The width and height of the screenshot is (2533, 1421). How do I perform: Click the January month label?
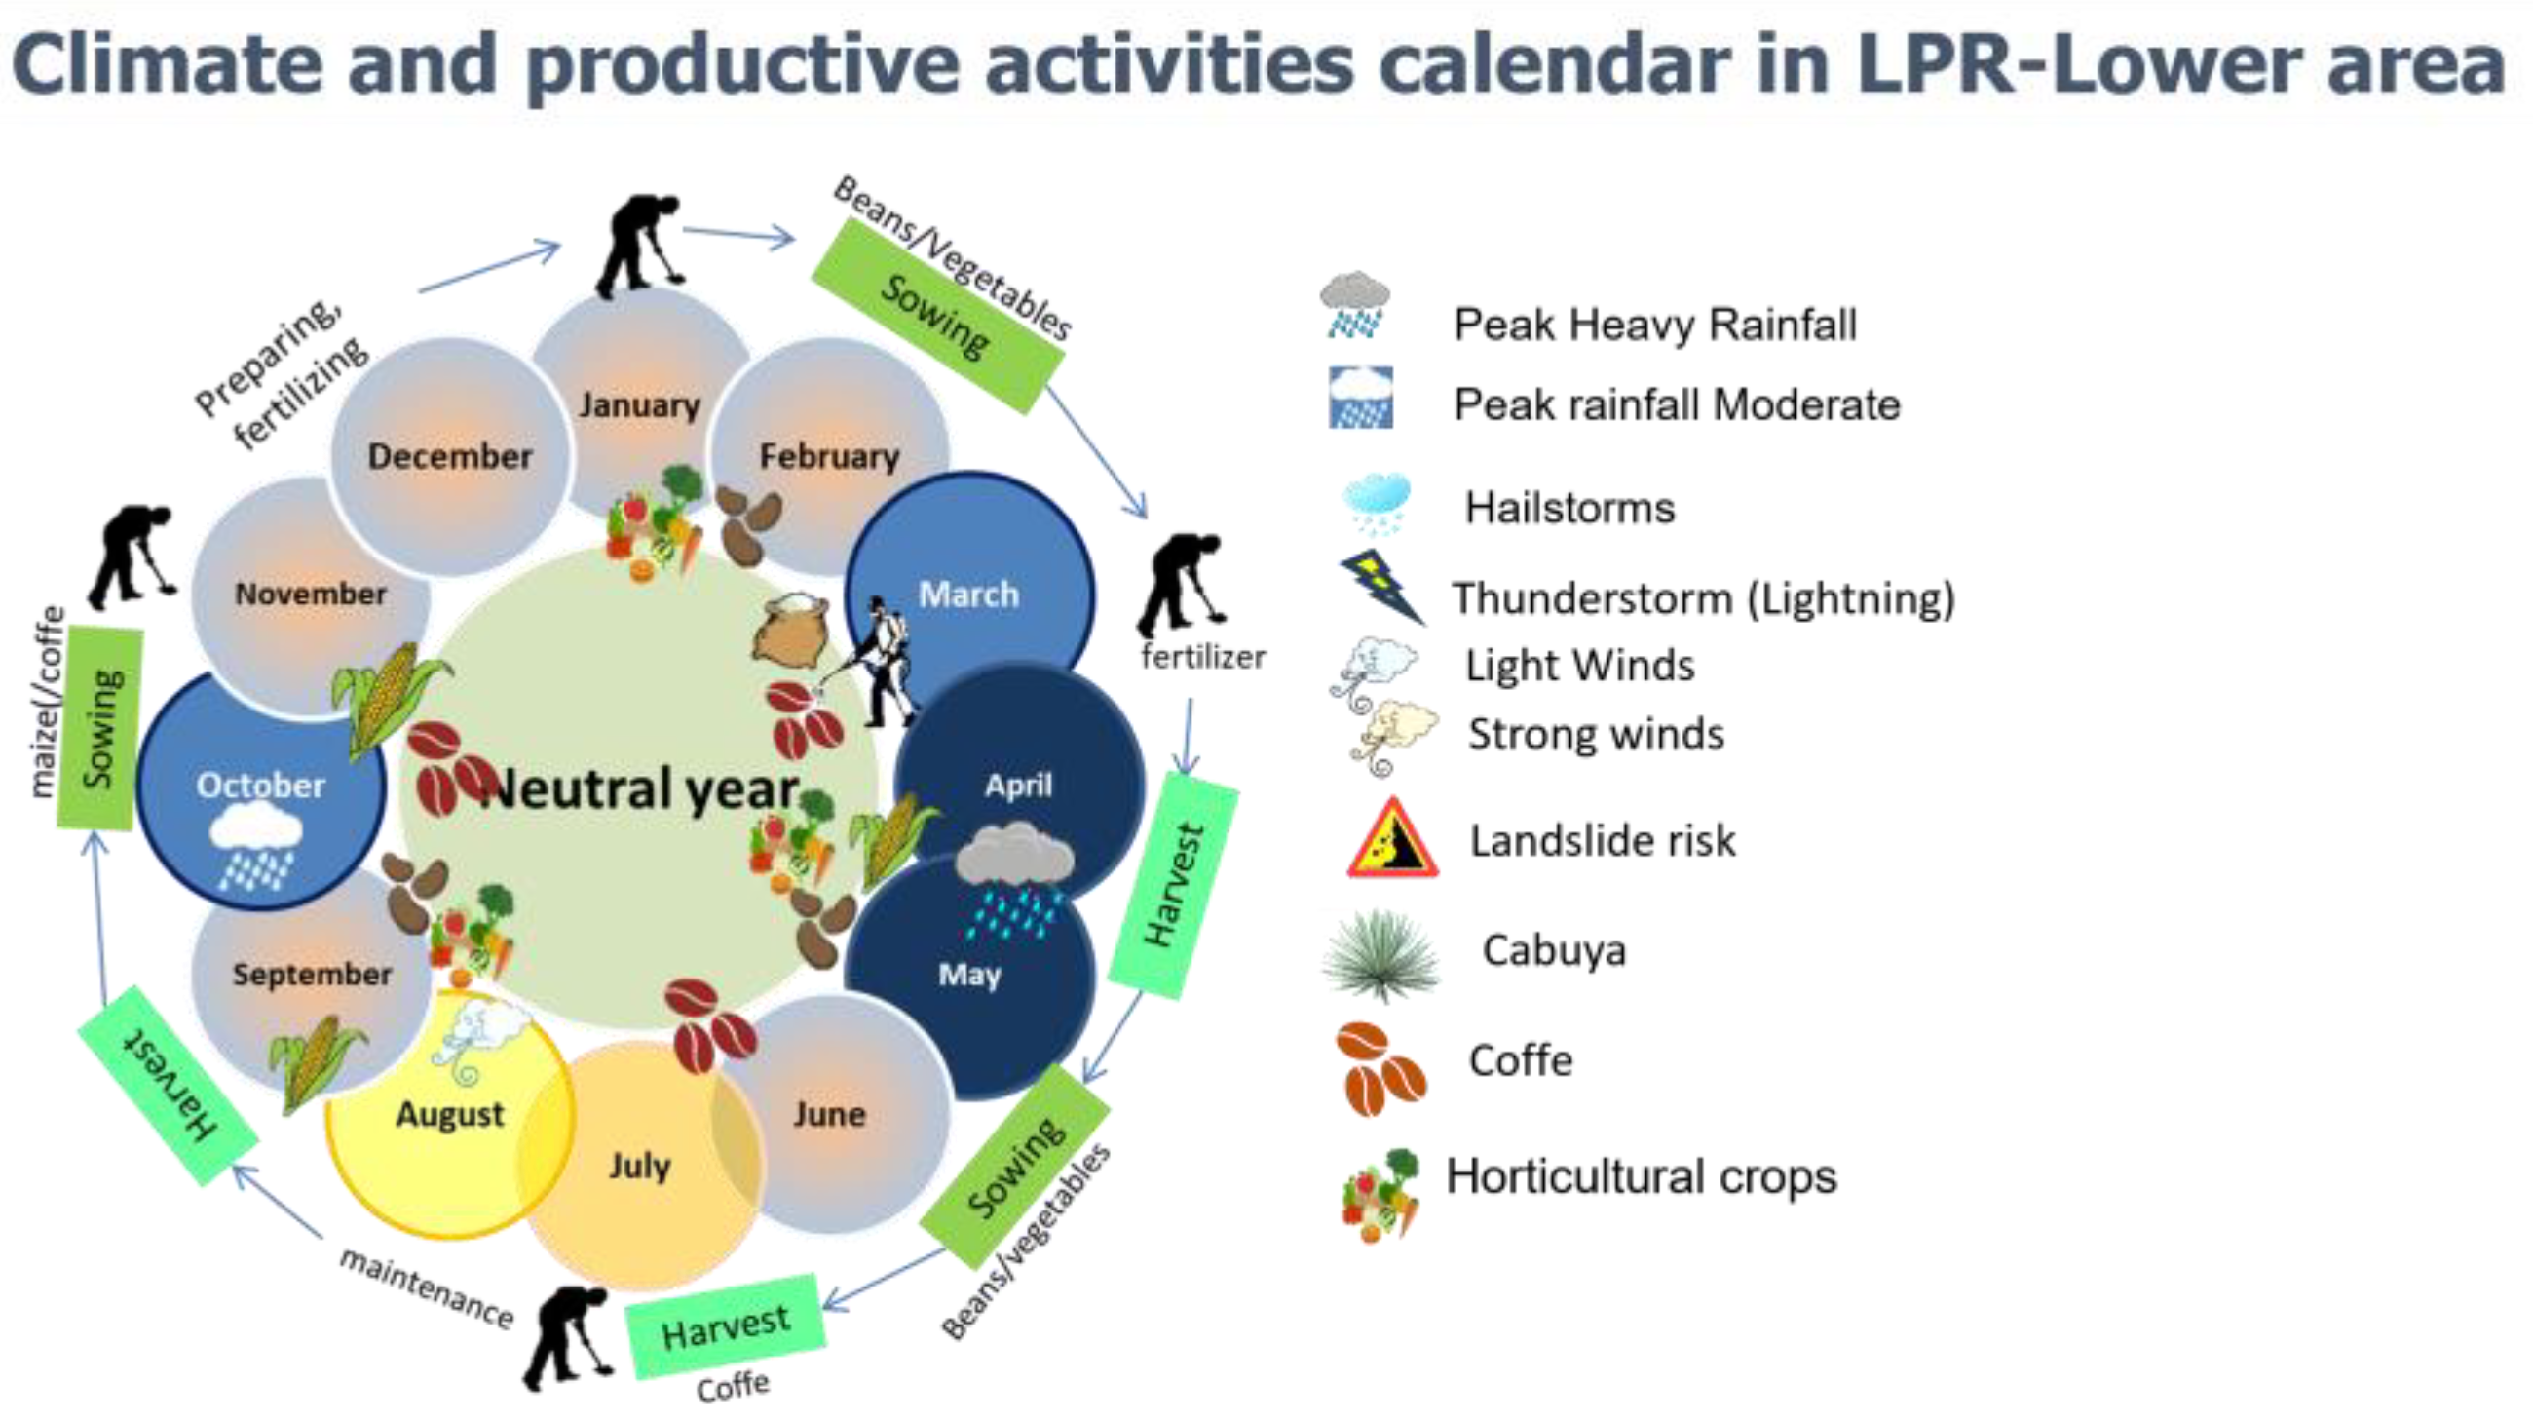(x=639, y=405)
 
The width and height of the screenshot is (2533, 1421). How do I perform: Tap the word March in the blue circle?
(x=968, y=594)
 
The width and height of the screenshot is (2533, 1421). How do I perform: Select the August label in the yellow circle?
(x=449, y=1115)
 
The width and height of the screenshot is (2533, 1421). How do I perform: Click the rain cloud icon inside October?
(x=255, y=844)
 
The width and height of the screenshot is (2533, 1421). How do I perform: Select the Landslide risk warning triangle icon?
(x=1391, y=838)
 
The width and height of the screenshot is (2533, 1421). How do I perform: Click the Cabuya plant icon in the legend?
(x=1380, y=954)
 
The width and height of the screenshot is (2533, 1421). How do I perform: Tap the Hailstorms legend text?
(x=1569, y=509)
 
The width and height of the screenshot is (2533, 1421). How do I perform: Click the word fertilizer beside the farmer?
(x=1202, y=656)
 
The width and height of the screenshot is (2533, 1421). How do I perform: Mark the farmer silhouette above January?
(x=639, y=246)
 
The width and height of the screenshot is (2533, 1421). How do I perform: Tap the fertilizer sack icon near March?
(x=791, y=631)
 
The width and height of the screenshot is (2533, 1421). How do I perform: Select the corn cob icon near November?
(x=389, y=698)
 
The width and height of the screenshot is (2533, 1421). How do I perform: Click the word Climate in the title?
(x=168, y=65)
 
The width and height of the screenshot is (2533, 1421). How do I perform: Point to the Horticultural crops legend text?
(x=1642, y=1177)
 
